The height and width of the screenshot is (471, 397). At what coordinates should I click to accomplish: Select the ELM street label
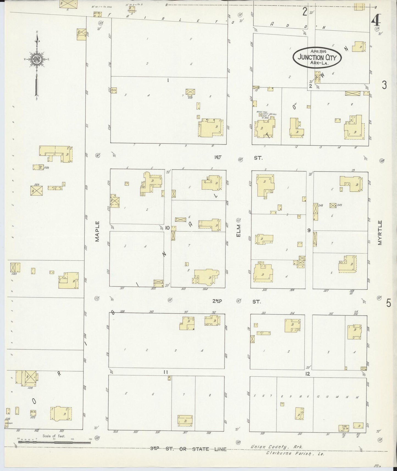(x=238, y=231)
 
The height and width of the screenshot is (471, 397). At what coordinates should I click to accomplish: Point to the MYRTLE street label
(x=380, y=232)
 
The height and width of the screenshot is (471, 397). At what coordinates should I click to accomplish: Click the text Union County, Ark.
(x=277, y=447)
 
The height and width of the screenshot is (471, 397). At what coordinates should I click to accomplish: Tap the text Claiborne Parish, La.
(x=295, y=454)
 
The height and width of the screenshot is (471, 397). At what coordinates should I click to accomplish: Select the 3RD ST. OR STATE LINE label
(x=188, y=449)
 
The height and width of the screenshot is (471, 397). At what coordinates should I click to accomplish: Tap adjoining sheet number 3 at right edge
(x=384, y=85)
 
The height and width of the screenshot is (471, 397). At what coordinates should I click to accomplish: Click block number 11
(x=165, y=372)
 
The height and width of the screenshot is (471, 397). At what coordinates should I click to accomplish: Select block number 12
(x=307, y=374)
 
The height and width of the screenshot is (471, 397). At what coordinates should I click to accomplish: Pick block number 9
(x=309, y=230)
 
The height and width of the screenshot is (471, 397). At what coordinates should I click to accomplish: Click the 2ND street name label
(x=217, y=301)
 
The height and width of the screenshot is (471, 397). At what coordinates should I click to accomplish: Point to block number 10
(x=167, y=228)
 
